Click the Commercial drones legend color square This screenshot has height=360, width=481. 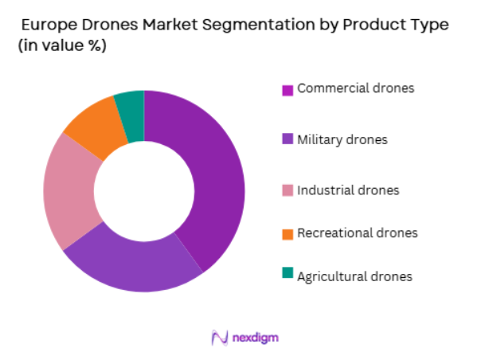pos(287,90)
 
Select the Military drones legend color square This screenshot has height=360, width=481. pos(287,140)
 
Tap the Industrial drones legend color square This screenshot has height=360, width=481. pos(287,190)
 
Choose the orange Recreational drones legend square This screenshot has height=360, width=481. pos(287,234)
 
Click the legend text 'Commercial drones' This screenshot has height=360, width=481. pos(355,88)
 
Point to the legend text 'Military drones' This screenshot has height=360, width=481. pos(342,140)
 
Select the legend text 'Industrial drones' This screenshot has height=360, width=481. pos(348,190)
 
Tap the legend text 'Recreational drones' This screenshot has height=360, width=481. pos(357,233)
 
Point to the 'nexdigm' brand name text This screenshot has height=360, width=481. pos(256,338)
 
